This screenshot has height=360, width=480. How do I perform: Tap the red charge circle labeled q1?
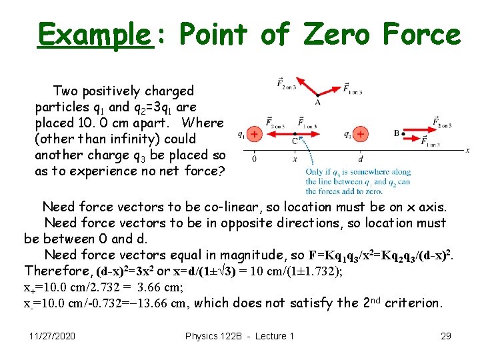(x=254, y=134)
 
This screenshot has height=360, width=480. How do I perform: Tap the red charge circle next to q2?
(x=360, y=134)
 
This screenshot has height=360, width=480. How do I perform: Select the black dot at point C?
(x=295, y=134)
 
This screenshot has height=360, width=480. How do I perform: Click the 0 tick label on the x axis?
(x=255, y=159)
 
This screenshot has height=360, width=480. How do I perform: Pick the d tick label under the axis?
(x=360, y=159)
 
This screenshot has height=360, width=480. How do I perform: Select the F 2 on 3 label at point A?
(x=288, y=83)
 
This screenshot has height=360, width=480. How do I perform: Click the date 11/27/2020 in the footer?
(x=53, y=336)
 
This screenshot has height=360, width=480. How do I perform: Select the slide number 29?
(x=446, y=336)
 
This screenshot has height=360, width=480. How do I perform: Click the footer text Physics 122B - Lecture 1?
(x=239, y=336)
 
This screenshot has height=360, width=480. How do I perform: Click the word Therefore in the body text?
(x=57, y=271)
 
